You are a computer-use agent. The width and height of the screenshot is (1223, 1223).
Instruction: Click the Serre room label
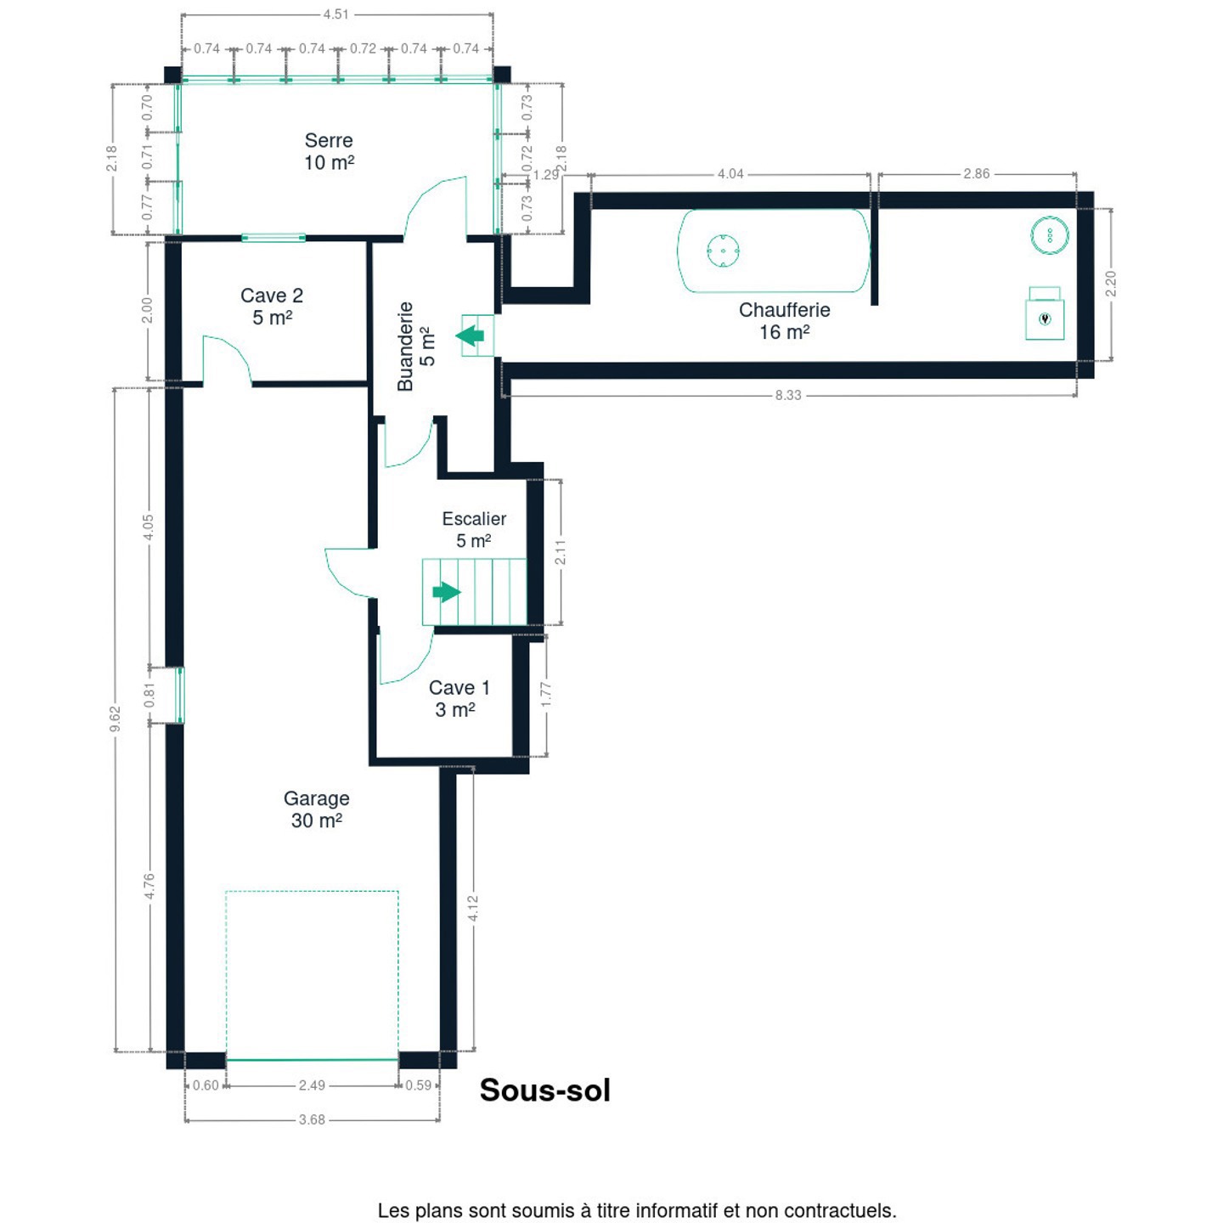(x=329, y=151)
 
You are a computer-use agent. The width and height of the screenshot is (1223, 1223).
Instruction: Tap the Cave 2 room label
(x=272, y=306)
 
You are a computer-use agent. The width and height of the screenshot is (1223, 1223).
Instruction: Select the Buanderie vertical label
(x=416, y=346)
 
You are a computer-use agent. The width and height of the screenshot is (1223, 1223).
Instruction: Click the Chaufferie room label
(x=785, y=320)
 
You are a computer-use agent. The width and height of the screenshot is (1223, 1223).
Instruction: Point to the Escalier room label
(x=474, y=529)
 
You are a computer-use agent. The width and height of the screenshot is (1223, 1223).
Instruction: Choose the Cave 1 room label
(x=459, y=698)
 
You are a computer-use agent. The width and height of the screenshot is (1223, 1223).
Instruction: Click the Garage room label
(x=317, y=809)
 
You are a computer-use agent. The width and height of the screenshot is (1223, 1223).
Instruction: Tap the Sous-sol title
(x=544, y=1091)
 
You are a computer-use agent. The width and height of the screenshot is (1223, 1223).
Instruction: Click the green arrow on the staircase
(x=447, y=592)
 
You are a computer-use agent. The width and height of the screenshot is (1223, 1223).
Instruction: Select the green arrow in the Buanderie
(x=471, y=335)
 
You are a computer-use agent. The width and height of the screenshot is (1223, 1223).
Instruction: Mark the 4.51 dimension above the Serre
(x=335, y=14)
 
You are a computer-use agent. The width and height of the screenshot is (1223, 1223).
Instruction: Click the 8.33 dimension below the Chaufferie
(x=787, y=395)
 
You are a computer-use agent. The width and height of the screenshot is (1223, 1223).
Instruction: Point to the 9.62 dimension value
(x=115, y=719)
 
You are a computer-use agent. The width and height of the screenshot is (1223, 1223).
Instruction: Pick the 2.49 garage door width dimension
(x=312, y=1085)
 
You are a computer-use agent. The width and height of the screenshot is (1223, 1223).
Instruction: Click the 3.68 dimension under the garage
(x=312, y=1119)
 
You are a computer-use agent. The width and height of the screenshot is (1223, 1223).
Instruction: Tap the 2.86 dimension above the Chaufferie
(x=976, y=173)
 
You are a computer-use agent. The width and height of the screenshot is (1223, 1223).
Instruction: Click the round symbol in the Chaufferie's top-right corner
(x=1049, y=234)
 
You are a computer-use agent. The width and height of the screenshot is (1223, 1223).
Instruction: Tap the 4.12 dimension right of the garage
(x=473, y=908)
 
